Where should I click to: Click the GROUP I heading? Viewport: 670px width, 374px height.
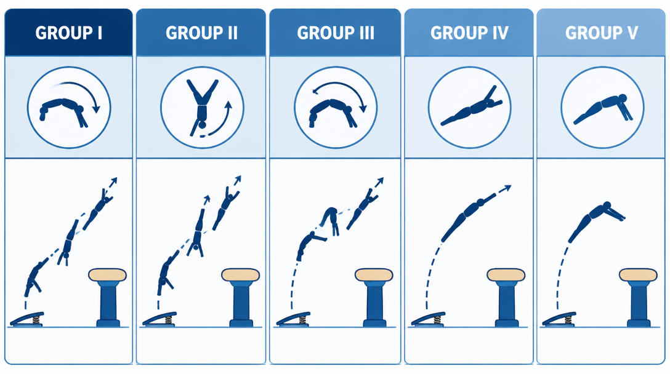pos(69,33)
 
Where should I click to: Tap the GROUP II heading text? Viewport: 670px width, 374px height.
pos(202,33)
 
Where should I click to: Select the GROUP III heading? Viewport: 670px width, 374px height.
pos(336,33)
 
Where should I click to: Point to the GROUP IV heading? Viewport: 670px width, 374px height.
pos(469,33)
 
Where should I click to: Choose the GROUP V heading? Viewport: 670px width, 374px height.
pos(601,33)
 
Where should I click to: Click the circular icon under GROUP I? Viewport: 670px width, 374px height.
pos(69,107)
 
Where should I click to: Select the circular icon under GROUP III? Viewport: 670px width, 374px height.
pos(336,107)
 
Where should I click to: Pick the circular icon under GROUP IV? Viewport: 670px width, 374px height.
pos(469,107)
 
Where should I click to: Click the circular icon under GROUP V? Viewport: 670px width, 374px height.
pos(602,107)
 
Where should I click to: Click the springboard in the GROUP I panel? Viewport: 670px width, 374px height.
pos(27,319)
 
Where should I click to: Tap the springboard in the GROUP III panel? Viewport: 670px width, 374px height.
pos(293,319)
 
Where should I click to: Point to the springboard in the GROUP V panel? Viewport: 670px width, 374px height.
pos(559,319)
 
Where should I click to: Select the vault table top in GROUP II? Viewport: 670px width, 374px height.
pos(241,275)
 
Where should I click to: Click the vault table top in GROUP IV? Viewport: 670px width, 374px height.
pos(506,275)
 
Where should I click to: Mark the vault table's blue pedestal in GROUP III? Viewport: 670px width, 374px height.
pos(374,304)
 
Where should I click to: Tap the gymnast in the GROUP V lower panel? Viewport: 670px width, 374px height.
pos(595,221)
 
